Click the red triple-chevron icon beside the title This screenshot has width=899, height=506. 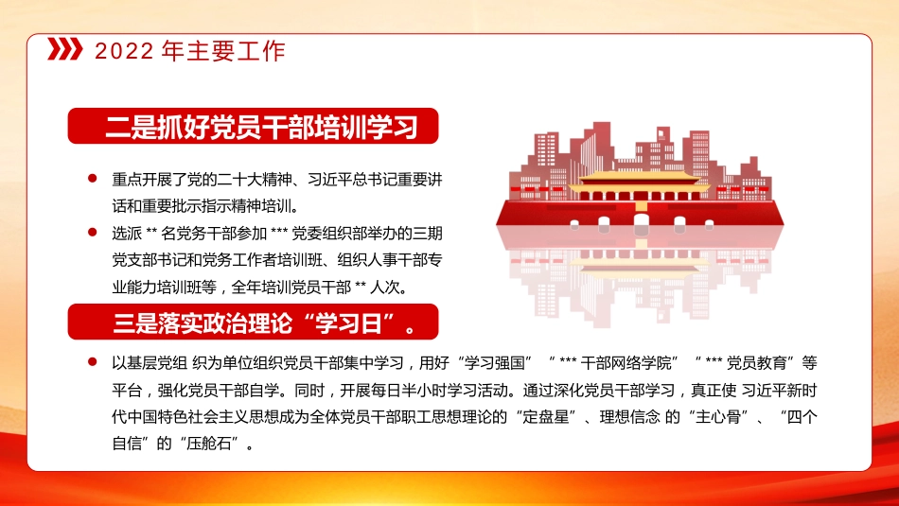tap(65, 50)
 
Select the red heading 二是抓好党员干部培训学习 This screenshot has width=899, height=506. tap(254, 127)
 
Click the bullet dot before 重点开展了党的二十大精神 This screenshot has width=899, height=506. tap(92, 178)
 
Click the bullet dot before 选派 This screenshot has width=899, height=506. tap(92, 231)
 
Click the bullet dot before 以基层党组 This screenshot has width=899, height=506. tap(92, 361)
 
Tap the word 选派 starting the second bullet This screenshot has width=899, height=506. tap(126, 232)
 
